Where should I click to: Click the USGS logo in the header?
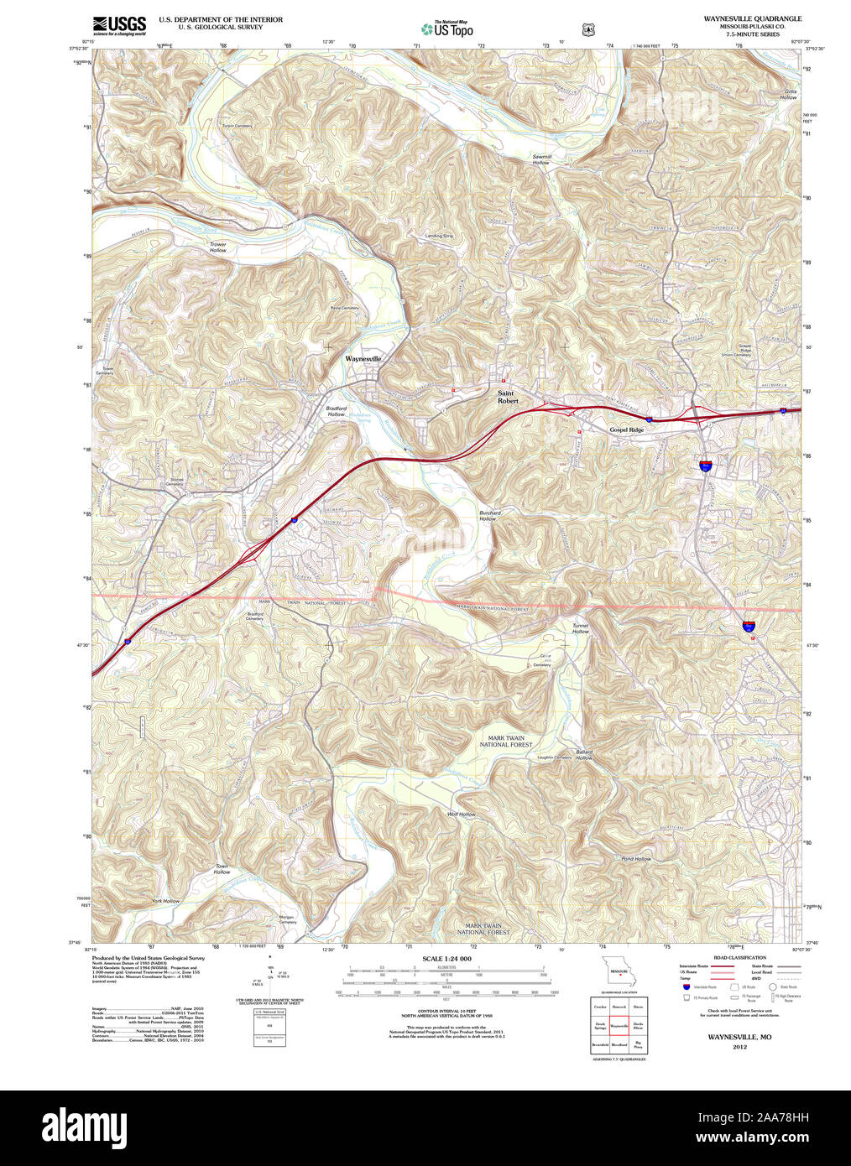[x=119, y=25]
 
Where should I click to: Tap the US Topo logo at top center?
[x=447, y=29]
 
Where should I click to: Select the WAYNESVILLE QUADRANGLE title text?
[x=752, y=18]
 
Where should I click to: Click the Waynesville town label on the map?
[x=363, y=359]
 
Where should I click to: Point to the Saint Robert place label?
[x=508, y=397]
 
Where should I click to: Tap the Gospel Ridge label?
[x=626, y=429]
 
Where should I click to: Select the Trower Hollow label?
[x=218, y=247]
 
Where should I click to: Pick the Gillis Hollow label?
[x=788, y=94]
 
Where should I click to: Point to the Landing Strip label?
[x=439, y=236]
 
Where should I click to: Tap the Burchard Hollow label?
[x=489, y=516]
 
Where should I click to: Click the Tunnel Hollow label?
[x=581, y=628]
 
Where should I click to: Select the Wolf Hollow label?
[x=462, y=815]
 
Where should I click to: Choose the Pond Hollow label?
[x=636, y=859]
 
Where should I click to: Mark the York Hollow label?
[x=165, y=901]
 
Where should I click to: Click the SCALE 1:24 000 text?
[x=446, y=959]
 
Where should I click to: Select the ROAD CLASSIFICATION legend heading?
[x=739, y=957]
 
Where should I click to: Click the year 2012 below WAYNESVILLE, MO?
[x=739, y=1047]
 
